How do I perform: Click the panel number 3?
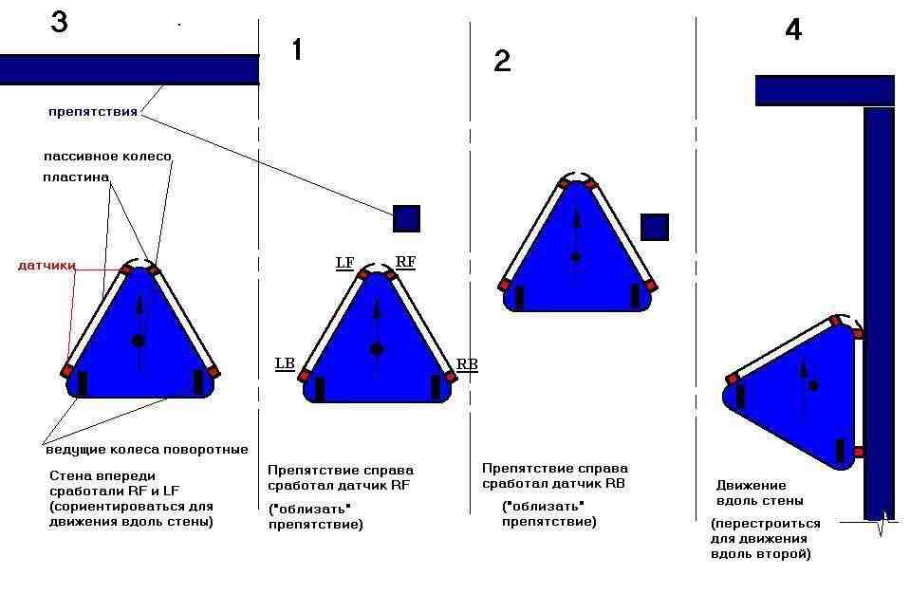click(59, 21)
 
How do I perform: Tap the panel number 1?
click(297, 49)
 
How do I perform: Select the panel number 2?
click(502, 61)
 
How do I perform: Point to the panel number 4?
click(793, 29)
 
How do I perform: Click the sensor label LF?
click(344, 263)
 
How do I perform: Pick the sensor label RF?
click(405, 262)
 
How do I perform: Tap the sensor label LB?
click(285, 363)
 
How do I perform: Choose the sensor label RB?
click(467, 364)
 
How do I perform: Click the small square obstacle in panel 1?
click(406, 218)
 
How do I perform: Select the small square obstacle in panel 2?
click(655, 227)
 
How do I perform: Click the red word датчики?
click(46, 265)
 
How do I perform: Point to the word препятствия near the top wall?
click(93, 111)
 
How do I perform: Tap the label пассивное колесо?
click(107, 156)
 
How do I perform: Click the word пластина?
click(76, 176)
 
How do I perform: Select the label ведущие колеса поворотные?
click(147, 450)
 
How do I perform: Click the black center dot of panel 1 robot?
click(377, 349)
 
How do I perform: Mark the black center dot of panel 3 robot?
click(138, 341)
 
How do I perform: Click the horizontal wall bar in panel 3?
click(129, 70)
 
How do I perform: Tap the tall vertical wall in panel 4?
click(879, 313)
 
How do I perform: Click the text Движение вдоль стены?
click(759, 493)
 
